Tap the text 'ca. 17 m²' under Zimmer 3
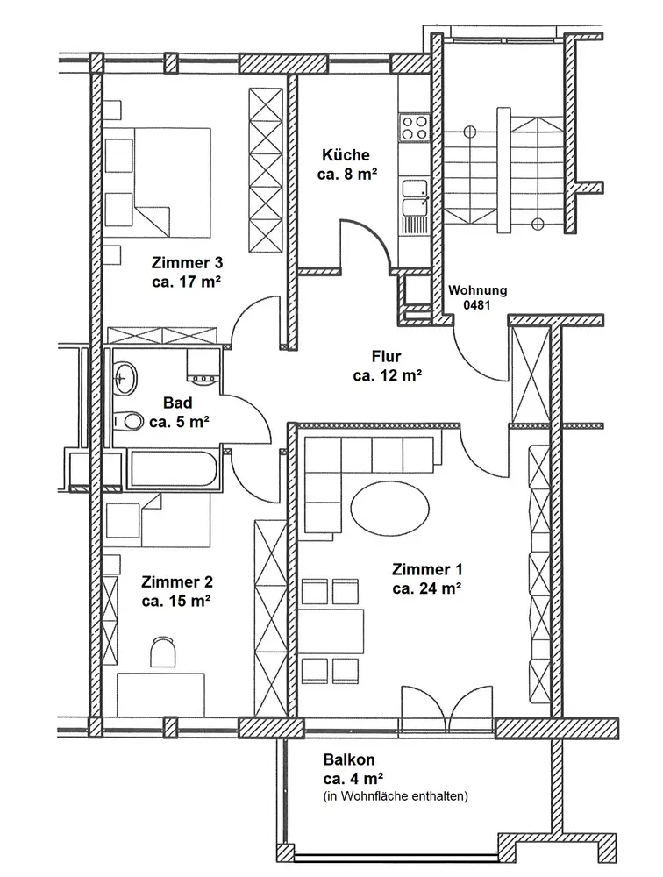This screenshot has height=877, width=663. [x=186, y=282]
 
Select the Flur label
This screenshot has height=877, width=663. [x=387, y=357]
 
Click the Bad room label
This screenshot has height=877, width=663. [x=178, y=403]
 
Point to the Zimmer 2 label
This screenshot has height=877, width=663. [x=176, y=581]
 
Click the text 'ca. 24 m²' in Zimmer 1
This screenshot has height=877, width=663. [x=427, y=588]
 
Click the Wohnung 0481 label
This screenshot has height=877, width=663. [x=477, y=298]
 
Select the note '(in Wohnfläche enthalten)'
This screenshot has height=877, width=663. [x=396, y=796]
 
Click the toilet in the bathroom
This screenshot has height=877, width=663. [x=131, y=421]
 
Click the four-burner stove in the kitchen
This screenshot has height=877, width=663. [x=413, y=128]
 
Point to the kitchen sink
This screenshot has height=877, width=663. [x=414, y=197]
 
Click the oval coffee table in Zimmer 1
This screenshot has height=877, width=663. [x=390, y=506]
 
